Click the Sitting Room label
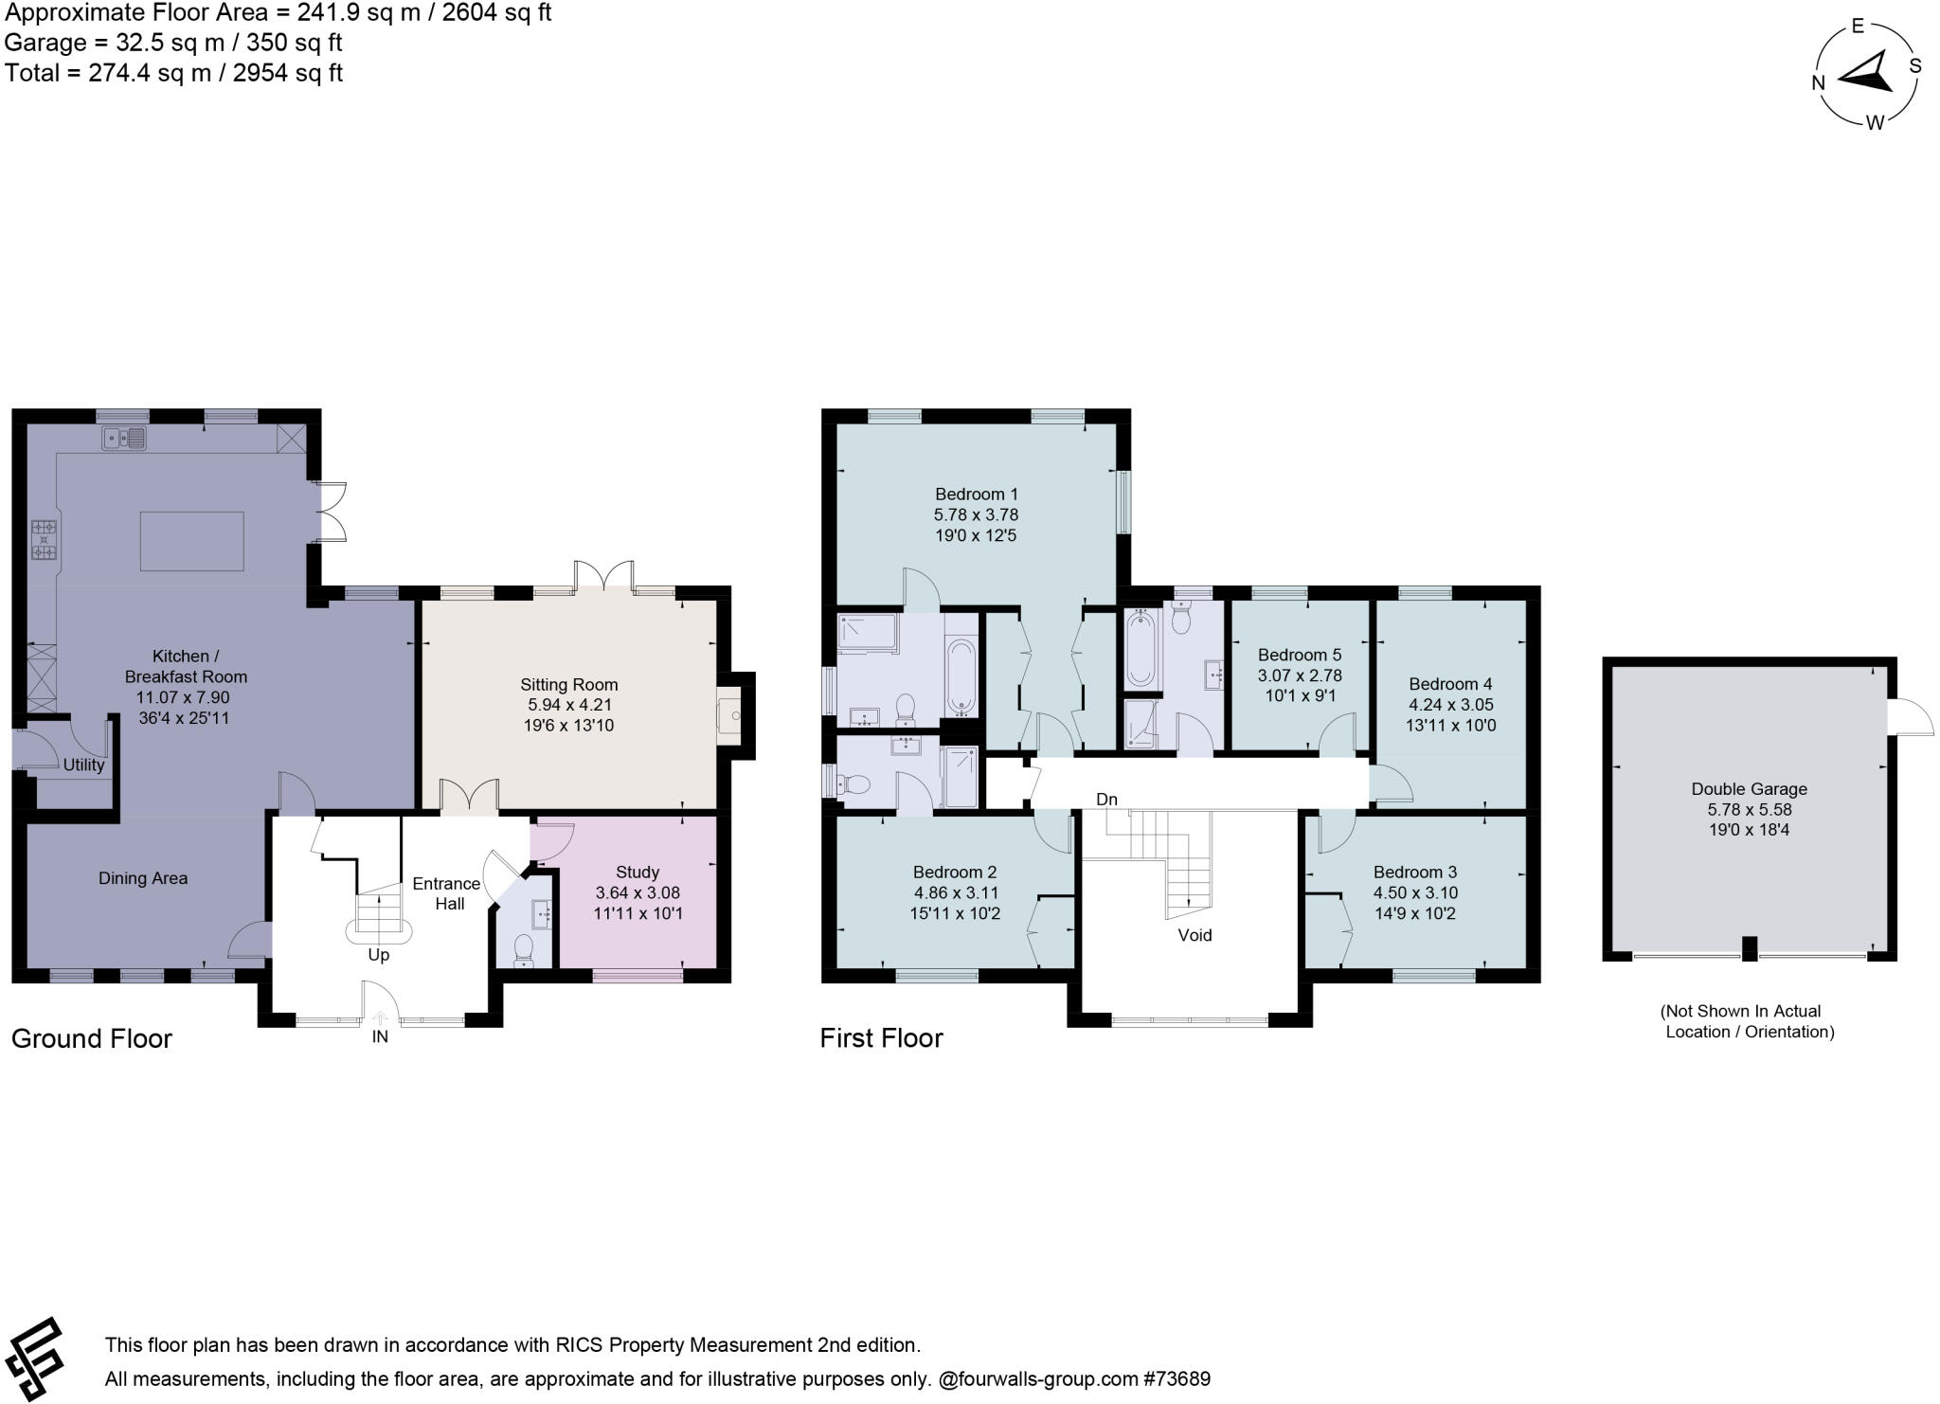(x=568, y=684)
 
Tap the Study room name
(x=637, y=872)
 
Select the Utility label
(x=83, y=765)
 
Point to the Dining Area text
(x=143, y=878)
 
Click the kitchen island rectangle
(x=191, y=541)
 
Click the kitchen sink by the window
(x=125, y=438)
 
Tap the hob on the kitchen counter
(x=44, y=540)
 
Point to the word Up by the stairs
(x=378, y=954)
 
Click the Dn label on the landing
(x=1106, y=800)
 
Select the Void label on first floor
(x=1195, y=935)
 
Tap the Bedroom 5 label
(x=1299, y=655)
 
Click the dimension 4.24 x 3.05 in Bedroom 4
(x=1450, y=705)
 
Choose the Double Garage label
(x=1749, y=788)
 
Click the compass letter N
(x=1818, y=82)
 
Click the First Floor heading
(x=881, y=1038)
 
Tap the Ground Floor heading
(x=92, y=1038)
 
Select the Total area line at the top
(x=173, y=73)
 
